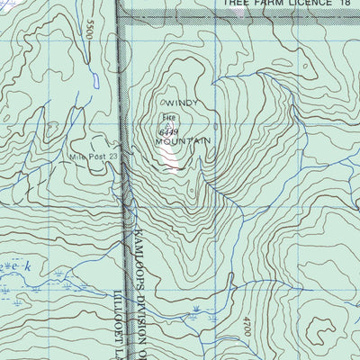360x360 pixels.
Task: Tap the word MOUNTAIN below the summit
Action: (x=183, y=141)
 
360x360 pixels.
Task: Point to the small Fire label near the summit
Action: (x=166, y=118)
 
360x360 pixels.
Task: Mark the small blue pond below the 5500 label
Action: (x=94, y=79)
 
